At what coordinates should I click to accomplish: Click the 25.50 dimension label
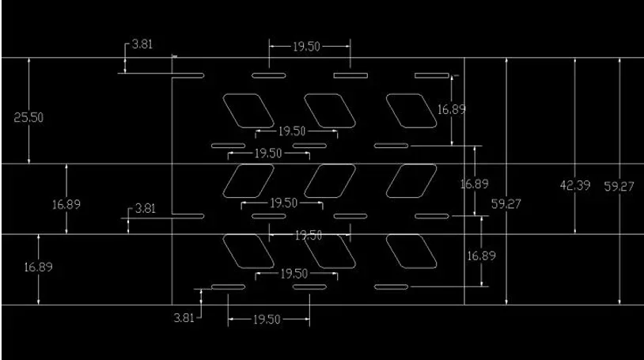click(x=28, y=118)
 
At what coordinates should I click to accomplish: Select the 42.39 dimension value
click(x=575, y=185)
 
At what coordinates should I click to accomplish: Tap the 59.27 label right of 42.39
click(x=619, y=187)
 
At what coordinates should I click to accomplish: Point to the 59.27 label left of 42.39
click(x=506, y=204)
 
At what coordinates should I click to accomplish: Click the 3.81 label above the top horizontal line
click(x=142, y=44)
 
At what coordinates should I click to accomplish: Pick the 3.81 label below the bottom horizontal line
click(x=184, y=318)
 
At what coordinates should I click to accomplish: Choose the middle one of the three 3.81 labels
click(x=146, y=208)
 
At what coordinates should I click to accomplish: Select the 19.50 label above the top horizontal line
click(x=306, y=47)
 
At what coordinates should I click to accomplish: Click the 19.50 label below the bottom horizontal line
click(x=267, y=320)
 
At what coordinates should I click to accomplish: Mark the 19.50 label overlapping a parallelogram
click(x=309, y=236)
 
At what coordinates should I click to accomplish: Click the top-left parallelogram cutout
click(x=248, y=111)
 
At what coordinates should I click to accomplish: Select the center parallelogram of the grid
click(x=330, y=181)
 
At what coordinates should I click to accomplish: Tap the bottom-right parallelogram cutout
click(x=411, y=252)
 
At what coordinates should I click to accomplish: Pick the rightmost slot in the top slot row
click(x=432, y=76)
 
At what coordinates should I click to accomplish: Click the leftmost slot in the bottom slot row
click(x=229, y=287)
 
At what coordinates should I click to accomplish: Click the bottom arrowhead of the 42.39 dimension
click(x=575, y=231)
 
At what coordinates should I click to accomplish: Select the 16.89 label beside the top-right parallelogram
click(x=452, y=110)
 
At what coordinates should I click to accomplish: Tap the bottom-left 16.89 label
click(x=38, y=267)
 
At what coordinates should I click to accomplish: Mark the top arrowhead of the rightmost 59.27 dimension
click(x=619, y=61)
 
